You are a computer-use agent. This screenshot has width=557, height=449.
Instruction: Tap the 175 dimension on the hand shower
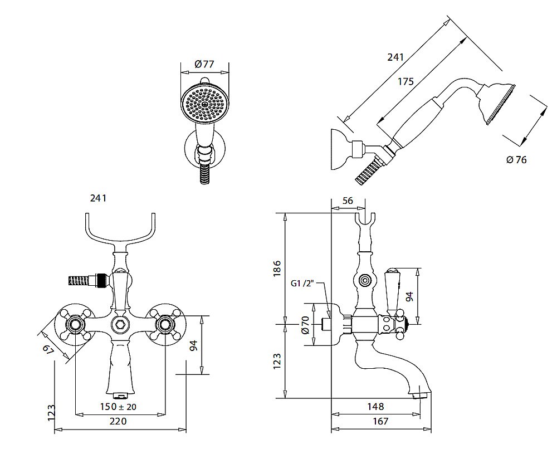[x=405, y=81]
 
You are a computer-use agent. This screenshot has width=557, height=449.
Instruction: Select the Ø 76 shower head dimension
[x=516, y=160]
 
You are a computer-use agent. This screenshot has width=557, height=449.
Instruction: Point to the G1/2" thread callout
[x=304, y=284]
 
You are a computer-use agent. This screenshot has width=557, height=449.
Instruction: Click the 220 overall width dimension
[x=118, y=421]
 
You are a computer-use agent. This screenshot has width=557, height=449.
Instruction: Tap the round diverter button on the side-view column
[x=365, y=281]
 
